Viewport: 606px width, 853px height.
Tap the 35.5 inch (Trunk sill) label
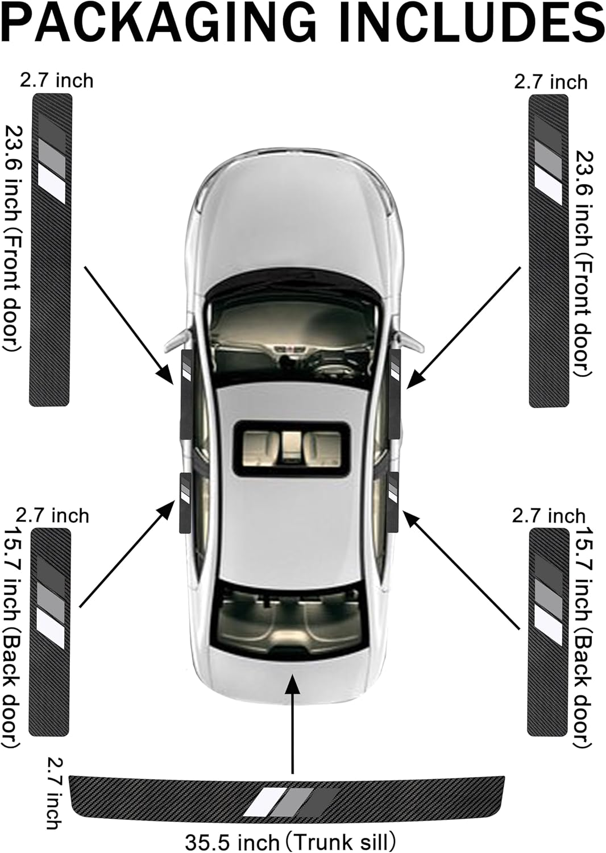pyautogui.click(x=290, y=840)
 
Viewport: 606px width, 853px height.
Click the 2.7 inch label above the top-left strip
pyautogui.click(x=56, y=81)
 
